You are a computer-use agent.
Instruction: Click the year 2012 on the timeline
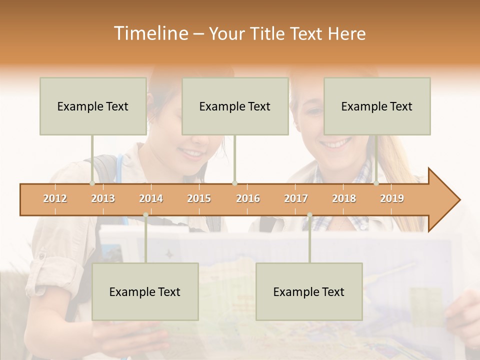click(x=55, y=198)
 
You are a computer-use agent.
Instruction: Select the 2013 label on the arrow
click(x=103, y=198)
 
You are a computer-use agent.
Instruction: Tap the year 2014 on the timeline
click(x=151, y=198)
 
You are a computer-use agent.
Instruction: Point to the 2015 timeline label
click(x=199, y=198)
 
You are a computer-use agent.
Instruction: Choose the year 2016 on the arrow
click(x=248, y=198)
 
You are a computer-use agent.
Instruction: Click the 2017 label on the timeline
click(x=296, y=198)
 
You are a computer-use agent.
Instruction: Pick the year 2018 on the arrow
click(x=344, y=198)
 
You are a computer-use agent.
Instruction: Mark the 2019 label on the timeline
click(x=392, y=198)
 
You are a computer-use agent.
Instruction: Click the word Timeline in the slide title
click(x=150, y=33)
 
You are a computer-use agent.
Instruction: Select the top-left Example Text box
click(x=93, y=106)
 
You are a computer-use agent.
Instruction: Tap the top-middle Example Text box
click(x=235, y=106)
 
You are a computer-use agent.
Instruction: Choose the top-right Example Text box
click(x=377, y=106)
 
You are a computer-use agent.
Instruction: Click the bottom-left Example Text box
click(x=145, y=291)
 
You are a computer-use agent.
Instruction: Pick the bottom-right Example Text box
click(x=309, y=291)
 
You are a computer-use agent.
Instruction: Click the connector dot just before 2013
click(x=92, y=183)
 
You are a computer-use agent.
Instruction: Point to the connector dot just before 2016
click(x=234, y=183)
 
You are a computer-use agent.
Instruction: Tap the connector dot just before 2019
click(x=376, y=183)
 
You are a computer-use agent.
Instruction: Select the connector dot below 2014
click(x=145, y=215)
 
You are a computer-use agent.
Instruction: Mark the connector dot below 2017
click(x=309, y=215)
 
